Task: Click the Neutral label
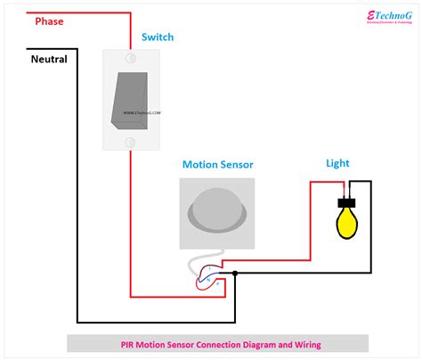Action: coord(49,60)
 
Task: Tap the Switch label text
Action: coord(157,37)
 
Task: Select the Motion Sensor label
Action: coord(217,165)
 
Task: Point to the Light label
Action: coord(337,163)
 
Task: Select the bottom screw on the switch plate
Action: coord(129,141)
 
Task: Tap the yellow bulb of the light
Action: coord(346,224)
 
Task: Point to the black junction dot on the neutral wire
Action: coord(235,273)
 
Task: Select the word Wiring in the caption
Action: coord(304,345)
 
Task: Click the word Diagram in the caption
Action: coord(253,345)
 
